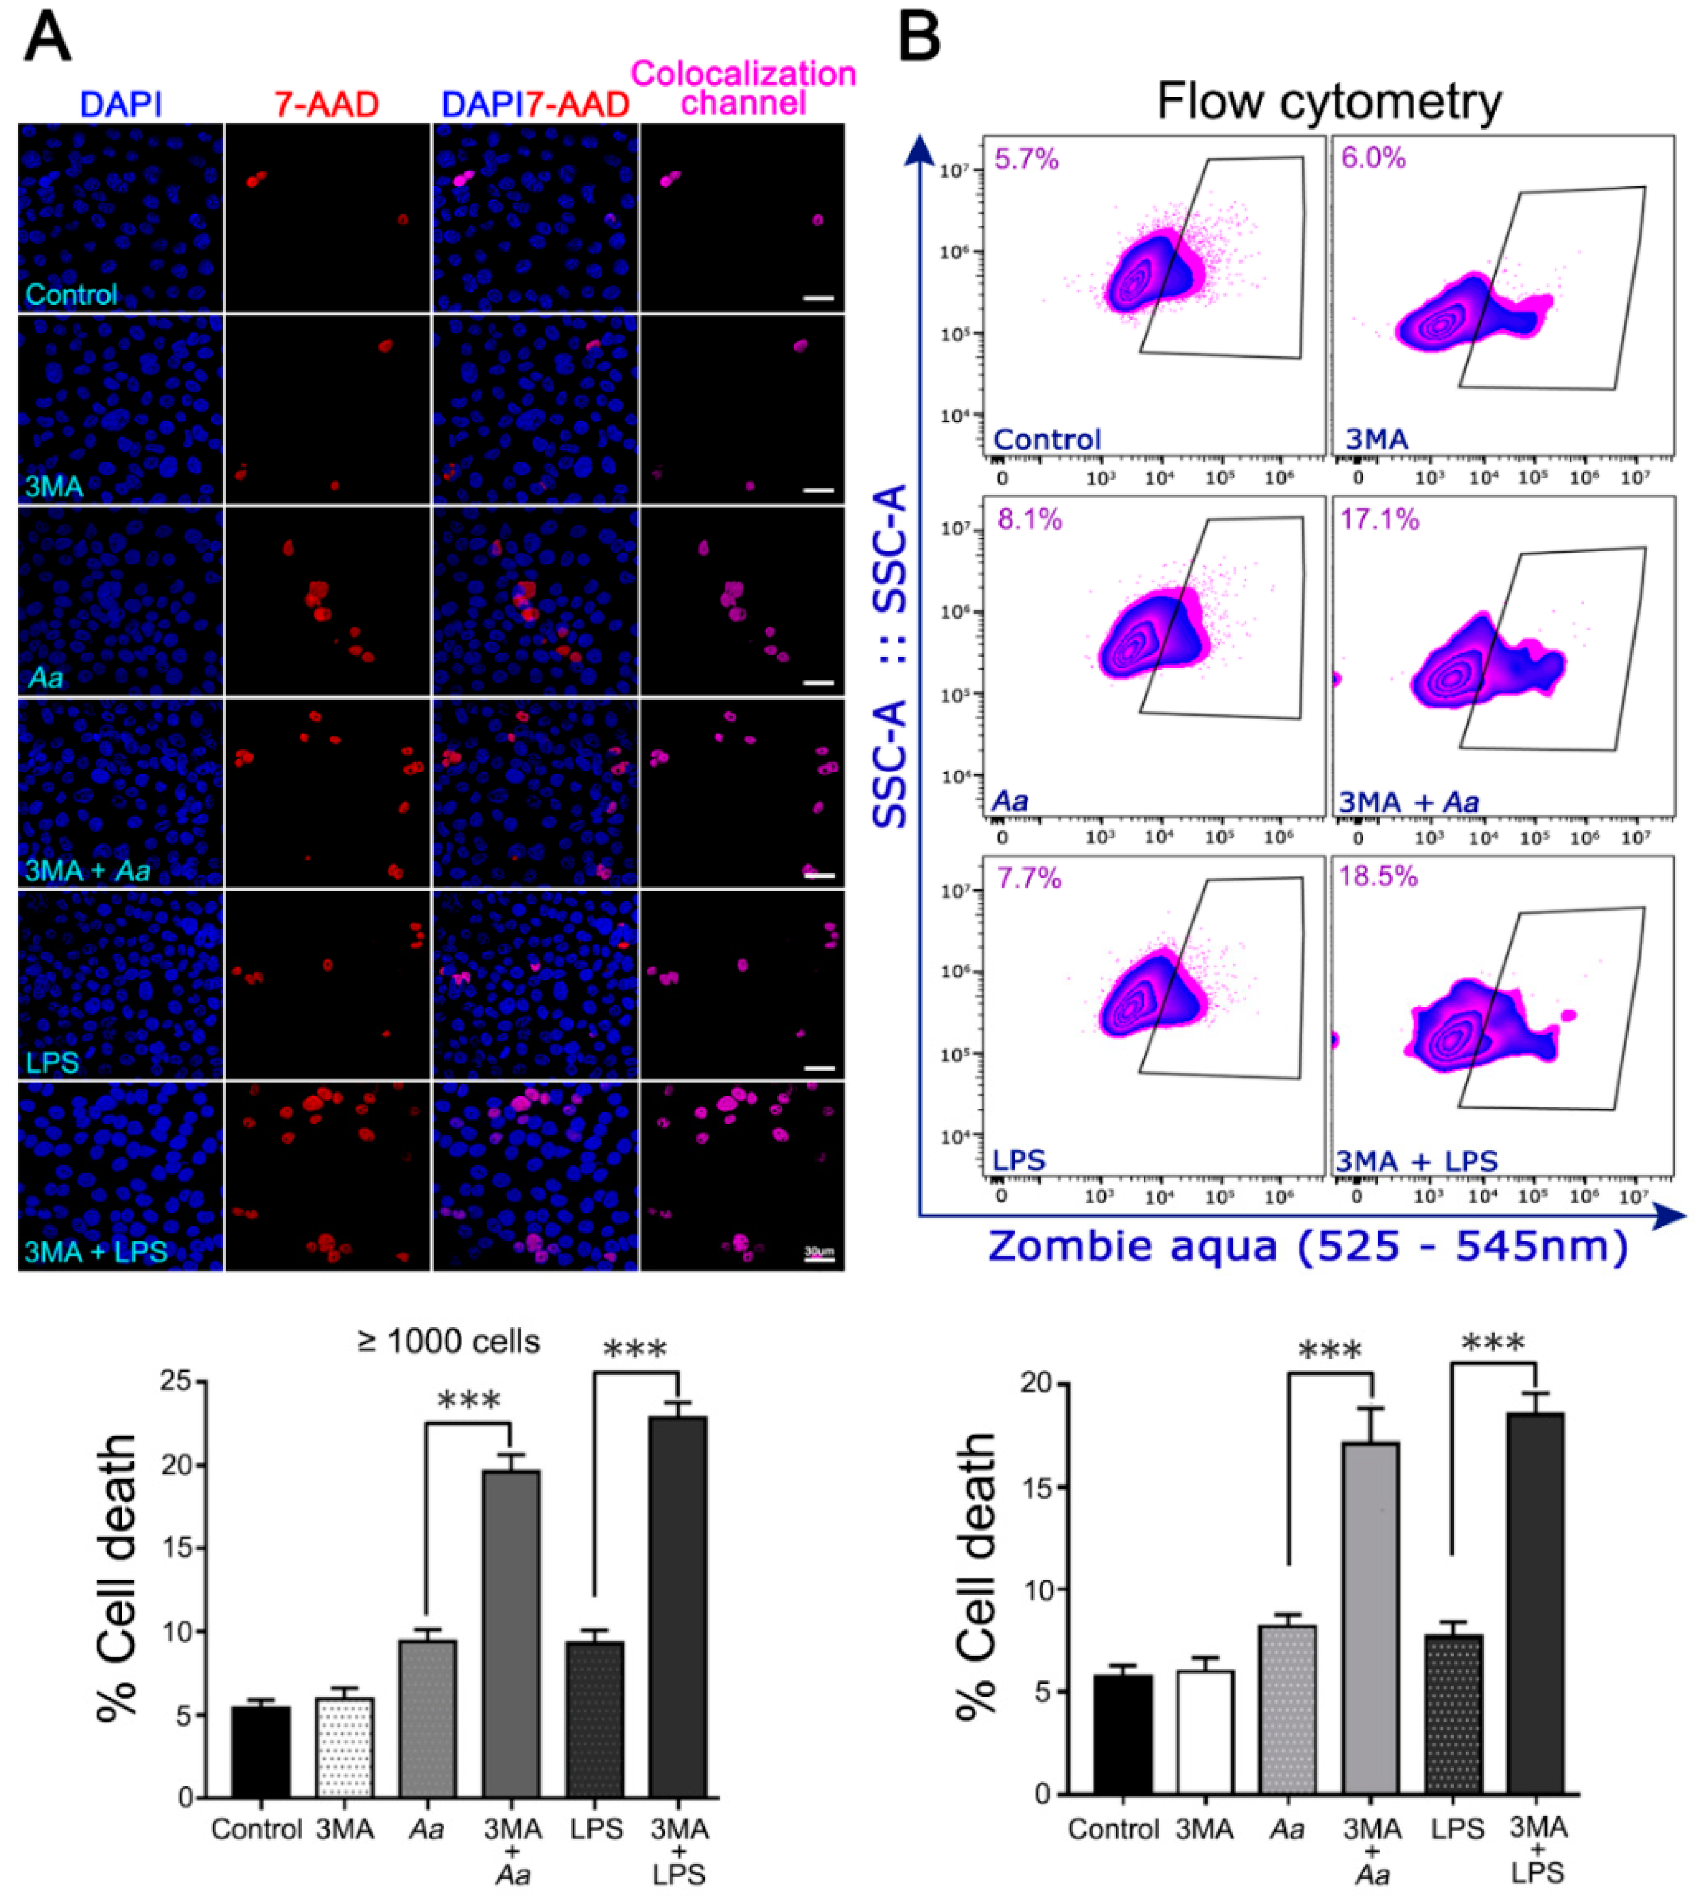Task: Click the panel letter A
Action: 47,39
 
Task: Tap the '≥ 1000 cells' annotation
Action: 449,1341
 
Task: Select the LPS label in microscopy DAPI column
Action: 52,1061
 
